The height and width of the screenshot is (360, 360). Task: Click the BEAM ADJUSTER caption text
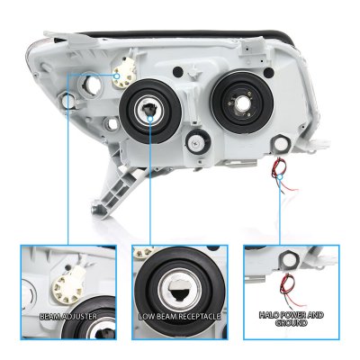pyautogui.click(x=68, y=317)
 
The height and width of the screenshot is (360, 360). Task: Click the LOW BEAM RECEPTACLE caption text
pyautogui.click(x=180, y=317)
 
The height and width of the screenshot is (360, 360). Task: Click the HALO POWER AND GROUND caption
pyautogui.click(x=292, y=319)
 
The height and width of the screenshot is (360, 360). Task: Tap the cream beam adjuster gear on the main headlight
pyautogui.click(x=124, y=74)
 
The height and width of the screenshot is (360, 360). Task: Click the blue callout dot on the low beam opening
pyautogui.click(x=150, y=119)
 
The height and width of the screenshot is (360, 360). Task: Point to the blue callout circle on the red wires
pyautogui.click(x=280, y=176)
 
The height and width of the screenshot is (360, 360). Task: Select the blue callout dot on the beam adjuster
pyautogui.click(x=117, y=76)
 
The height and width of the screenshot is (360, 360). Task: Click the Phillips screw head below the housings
pyautogui.click(x=196, y=143)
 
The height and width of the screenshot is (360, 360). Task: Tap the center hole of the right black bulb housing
pyautogui.click(x=241, y=103)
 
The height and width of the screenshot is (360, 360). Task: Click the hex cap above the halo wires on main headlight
pyautogui.click(x=281, y=144)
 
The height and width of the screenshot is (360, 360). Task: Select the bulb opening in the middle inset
pyautogui.click(x=180, y=289)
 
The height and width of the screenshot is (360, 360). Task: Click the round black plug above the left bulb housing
pyautogui.click(x=178, y=71)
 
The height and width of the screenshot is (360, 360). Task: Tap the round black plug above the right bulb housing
pyautogui.click(x=268, y=72)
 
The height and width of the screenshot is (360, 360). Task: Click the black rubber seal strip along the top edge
pyautogui.click(x=186, y=34)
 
